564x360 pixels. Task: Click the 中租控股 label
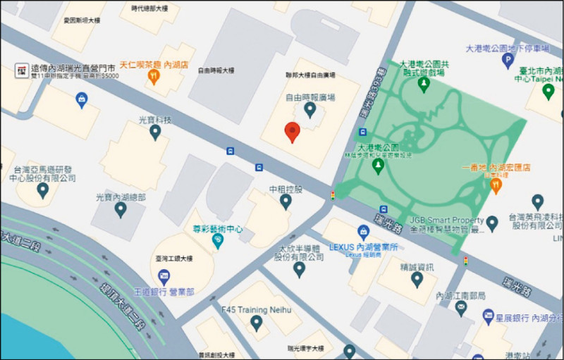(x=286, y=190)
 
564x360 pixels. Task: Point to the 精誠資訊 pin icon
(x=417, y=280)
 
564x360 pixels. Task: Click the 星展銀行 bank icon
(x=488, y=317)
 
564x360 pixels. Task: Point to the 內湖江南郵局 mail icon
(x=461, y=309)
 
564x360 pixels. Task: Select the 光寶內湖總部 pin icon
(x=121, y=209)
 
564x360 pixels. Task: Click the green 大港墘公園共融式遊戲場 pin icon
(x=424, y=85)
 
